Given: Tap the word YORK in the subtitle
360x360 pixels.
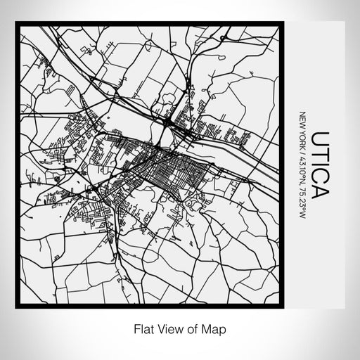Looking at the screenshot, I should click(302, 136).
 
